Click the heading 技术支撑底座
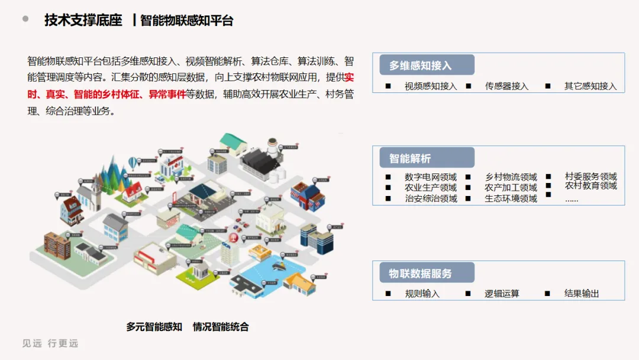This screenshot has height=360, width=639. click(x=83, y=20)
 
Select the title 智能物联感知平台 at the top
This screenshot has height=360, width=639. click(x=187, y=21)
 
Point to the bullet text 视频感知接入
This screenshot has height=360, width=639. click(x=431, y=86)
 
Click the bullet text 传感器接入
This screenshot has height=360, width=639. click(x=506, y=86)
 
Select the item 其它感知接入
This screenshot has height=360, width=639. click(x=590, y=86)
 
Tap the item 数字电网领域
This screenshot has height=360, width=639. click(x=431, y=177)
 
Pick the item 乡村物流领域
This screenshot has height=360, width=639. click(x=511, y=177)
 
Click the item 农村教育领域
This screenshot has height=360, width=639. click(x=590, y=186)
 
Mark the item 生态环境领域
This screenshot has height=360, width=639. click(x=511, y=198)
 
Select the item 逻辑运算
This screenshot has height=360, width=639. click(x=502, y=294)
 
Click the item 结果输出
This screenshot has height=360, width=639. click(x=582, y=294)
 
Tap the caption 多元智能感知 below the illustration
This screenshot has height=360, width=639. click(x=154, y=327)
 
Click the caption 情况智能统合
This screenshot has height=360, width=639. click(x=221, y=327)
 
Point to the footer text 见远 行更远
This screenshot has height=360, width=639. click(x=50, y=343)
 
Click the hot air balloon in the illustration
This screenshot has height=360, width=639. click(x=134, y=162)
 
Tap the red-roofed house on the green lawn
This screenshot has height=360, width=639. click(x=132, y=191)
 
